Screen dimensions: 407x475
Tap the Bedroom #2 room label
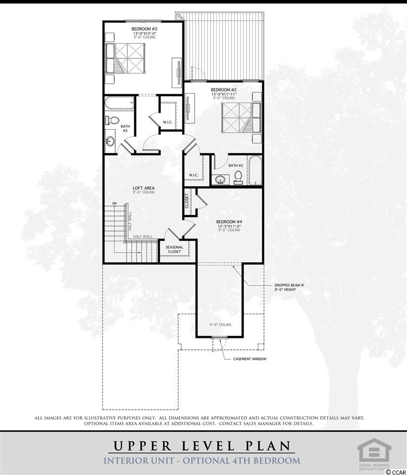[224, 90]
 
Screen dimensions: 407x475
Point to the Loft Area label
[144, 188]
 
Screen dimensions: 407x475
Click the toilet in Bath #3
[112, 120]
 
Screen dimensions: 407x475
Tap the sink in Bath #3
[110, 141]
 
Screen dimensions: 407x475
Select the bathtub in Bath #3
[119, 103]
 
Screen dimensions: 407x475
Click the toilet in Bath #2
[238, 178]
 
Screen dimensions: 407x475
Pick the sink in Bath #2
[220, 180]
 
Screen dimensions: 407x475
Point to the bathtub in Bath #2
[254, 170]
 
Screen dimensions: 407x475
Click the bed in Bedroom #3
[125, 58]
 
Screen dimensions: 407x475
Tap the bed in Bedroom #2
[241, 118]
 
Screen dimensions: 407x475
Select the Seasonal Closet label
[174, 249]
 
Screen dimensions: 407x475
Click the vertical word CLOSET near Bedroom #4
[187, 201]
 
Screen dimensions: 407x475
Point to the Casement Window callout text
[250, 359]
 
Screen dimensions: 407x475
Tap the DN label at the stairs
[114, 203]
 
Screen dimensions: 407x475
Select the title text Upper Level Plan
[203, 446]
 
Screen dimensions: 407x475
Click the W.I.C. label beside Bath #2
[193, 175]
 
